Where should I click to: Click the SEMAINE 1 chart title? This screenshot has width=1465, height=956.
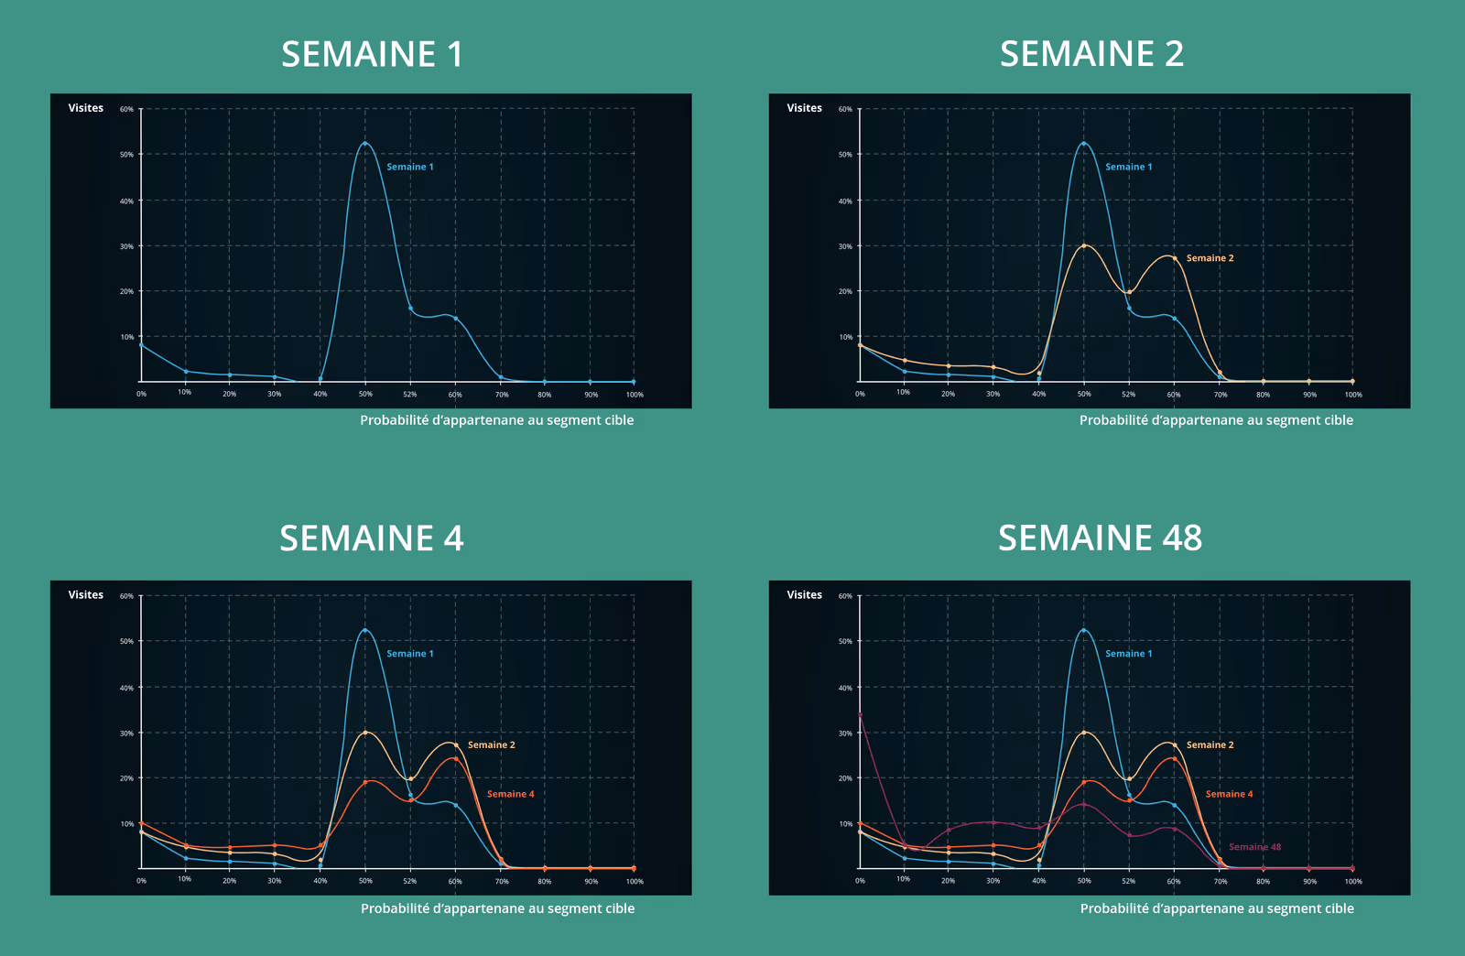click(x=372, y=55)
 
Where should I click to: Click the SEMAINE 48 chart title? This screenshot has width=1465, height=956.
click(x=1100, y=538)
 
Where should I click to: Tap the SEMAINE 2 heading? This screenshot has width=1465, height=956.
click(x=1091, y=55)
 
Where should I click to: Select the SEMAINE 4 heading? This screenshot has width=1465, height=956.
click(x=371, y=538)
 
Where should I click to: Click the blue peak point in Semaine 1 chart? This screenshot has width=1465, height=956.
click(x=365, y=144)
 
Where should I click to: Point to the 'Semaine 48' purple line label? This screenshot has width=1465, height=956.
click(x=1254, y=847)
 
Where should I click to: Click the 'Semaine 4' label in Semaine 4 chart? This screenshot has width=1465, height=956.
click(x=510, y=794)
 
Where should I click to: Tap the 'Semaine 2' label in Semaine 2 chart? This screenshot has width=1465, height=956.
click(x=1210, y=258)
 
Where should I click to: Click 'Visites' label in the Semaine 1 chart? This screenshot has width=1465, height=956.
click(x=86, y=108)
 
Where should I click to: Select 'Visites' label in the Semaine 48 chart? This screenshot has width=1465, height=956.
click(x=804, y=595)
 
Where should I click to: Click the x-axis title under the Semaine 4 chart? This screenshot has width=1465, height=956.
click(x=497, y=908)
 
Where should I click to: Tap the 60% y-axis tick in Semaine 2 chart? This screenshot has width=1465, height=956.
click(x=845, y=109)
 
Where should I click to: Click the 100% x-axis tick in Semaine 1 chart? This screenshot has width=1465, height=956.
click(x=635, y=395)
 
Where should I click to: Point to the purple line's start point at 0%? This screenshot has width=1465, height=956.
click(x=860, y=714)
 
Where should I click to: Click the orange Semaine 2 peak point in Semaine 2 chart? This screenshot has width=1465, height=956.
click(x=1084, y=245)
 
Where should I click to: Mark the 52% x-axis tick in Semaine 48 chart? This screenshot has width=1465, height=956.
click(x=1129, y=881)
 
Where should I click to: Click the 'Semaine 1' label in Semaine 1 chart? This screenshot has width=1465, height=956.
click(x=409, y=167)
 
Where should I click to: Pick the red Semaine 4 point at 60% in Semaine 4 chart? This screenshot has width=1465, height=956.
click(x=455, y=759)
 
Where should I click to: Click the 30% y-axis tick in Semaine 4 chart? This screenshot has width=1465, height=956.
click(x=126, y=733)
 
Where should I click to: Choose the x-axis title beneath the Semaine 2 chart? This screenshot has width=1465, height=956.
click(x=1216, y=420)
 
